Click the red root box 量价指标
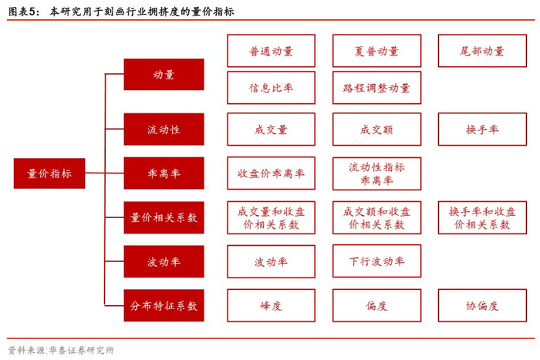pyautogui.click(x=49, y=173)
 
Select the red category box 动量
pyautogui.click(x=164, y=75)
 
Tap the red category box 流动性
pyautogui.click(x=164, y=130)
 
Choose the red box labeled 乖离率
pyautogui.click(x=164, y=173)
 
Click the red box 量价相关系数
pyautogui.click(x=164, y=217)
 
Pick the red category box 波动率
pyautogui.click(x=164, y=261)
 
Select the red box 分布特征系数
pyautogui.click(x=164, y=305)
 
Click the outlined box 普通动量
pyautogui.click(x=271, y=51)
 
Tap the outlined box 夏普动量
pyautogui.click(x=376, y=51)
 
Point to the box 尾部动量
pyautogui.click(x=482, y=51)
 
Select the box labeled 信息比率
pyautogui.click(x=271, y=88)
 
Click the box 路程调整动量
pyautogui.click(x=376, y=88)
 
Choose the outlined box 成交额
pyautogui.click(x=376, y=130)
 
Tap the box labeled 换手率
pyautogui.click(x=482, y=130)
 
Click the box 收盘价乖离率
pyautogui.click(x=271, y=173)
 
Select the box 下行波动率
pyautogui.click(x=376, y=261)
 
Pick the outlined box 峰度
pyautogui.click(x=271, y=305)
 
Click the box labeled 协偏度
pyautogui.click(x=482, y=305)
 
